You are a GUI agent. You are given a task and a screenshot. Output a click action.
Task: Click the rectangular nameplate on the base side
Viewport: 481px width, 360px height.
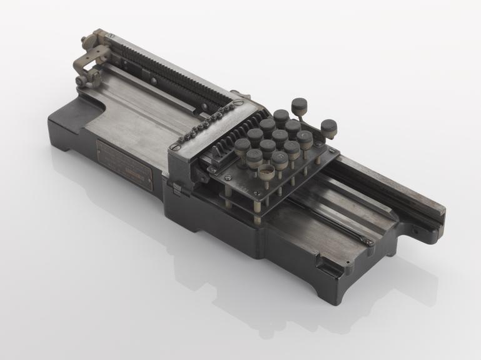coord(124,164)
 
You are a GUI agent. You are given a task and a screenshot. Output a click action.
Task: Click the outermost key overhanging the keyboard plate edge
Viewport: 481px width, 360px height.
coord(329,129)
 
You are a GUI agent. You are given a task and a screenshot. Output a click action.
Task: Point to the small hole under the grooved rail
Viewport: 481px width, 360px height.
coord(415,229)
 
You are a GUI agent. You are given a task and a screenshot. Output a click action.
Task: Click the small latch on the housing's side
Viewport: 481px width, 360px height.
coord(177,187)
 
